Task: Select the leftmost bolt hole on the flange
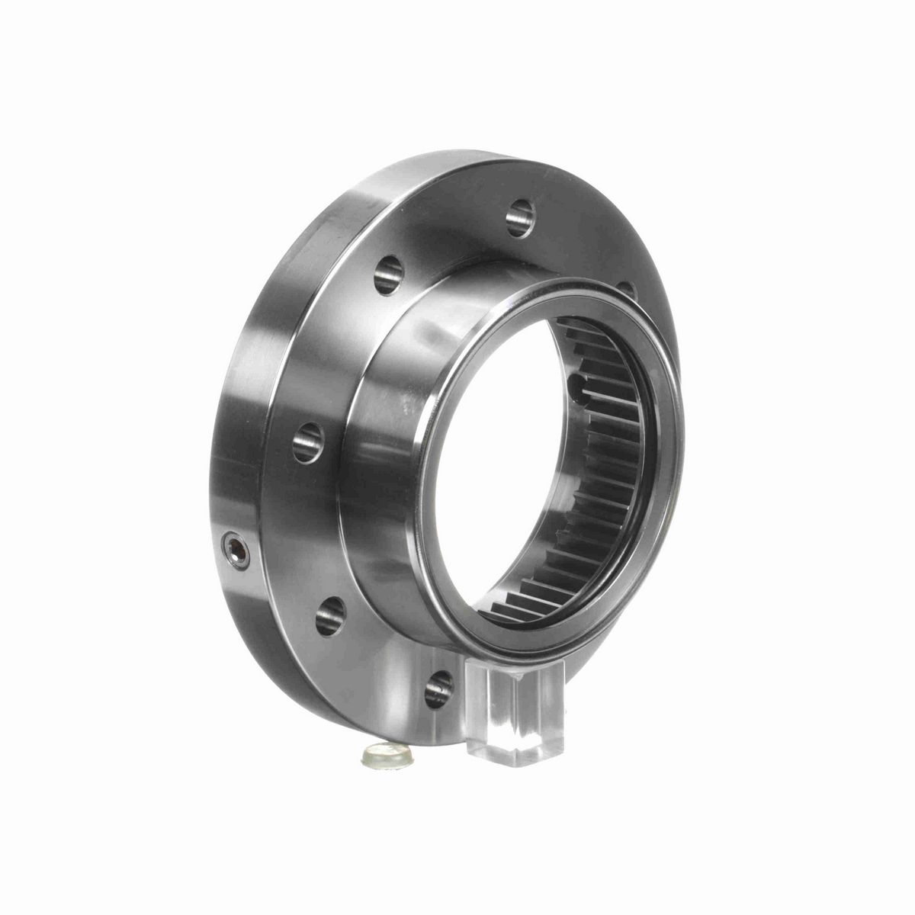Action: tap(308, 439)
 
